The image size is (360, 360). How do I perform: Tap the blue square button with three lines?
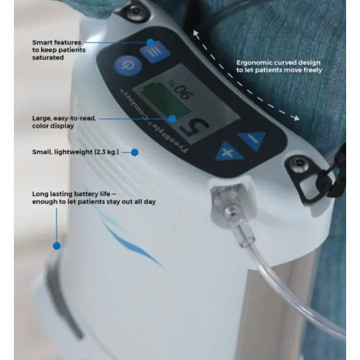[x=155, y=52]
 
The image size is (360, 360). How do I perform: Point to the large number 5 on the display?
[x=195, y=129]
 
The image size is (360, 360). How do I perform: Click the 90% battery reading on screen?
[x=182, y=89]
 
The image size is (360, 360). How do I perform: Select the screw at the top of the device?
[x=136, y=11]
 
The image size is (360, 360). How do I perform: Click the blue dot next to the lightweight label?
[x=135, y=152]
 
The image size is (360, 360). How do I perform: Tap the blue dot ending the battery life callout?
[x=57, y=246]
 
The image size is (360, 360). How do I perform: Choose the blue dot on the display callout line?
[x=172, y=119]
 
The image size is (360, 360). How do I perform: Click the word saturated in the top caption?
[x=48, y=57]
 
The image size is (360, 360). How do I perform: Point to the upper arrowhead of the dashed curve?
[x=196, y=33]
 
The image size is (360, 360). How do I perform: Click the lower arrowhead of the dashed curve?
[x=296, y=117]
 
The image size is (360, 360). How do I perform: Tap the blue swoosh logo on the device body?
[x=131, y=241]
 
